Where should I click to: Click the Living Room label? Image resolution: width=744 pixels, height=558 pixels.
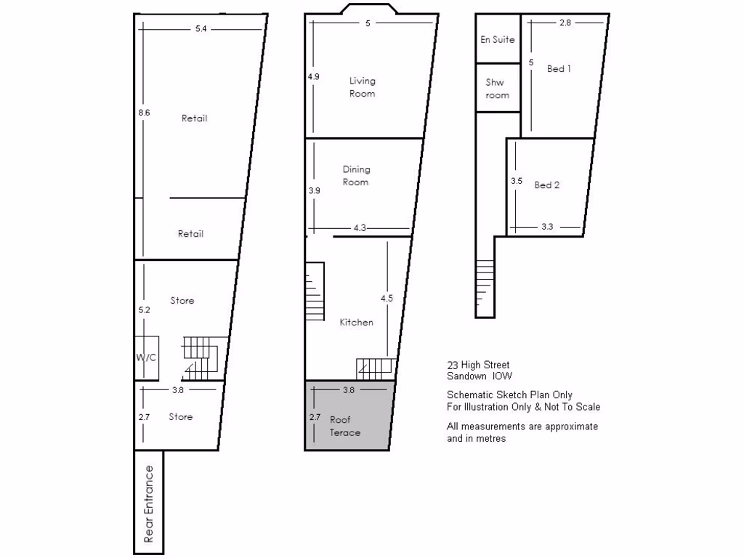(x=362, y=87)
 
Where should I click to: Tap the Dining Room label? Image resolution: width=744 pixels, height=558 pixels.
(x=356, y=176)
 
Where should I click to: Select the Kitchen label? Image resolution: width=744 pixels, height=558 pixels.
(x=356, y=322)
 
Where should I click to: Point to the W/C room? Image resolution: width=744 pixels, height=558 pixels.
(x=146, y=357)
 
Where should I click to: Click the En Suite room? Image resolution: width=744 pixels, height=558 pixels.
(x=498, y=39)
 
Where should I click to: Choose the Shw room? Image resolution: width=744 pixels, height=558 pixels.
(x=498, y=89)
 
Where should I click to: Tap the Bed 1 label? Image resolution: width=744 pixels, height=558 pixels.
(x=559, y=69)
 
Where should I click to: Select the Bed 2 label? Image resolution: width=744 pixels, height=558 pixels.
(x=547, y=185)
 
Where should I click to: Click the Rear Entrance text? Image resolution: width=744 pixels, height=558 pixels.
(x=149, y=504)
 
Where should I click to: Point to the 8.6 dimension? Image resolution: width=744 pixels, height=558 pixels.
(x=144, y=113)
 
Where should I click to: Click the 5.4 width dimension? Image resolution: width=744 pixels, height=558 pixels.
(x=201, y=29)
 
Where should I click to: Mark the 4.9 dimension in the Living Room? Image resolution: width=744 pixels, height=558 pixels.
(x=314, y=76)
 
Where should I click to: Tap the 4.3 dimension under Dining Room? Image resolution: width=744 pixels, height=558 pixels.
(x=360, y=228)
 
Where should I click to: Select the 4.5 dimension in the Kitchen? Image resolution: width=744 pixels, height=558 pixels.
(x=387, y=298)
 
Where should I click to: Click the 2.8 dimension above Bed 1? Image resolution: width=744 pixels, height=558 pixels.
(x=565, y=23)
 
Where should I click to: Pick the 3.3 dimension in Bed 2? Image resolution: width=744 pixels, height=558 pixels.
(x=547, y=227)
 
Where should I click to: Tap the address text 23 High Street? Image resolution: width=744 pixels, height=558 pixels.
(x=478, y=365)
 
